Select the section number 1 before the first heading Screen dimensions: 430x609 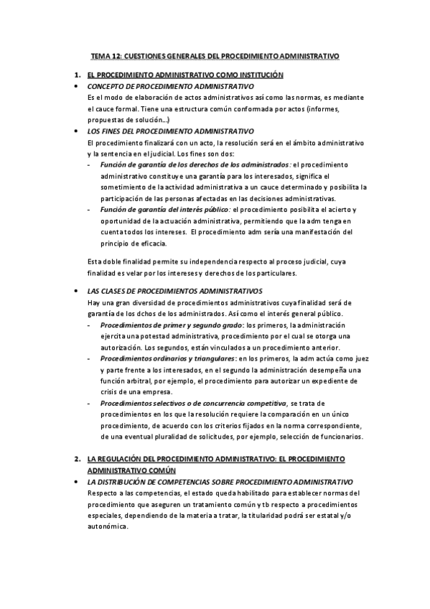[78, 75]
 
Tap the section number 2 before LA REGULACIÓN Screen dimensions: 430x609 [78, 457]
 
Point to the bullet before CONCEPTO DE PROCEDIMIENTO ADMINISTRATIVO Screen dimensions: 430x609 [77, 86]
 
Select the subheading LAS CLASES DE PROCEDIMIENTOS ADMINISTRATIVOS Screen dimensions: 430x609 [174, 291]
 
